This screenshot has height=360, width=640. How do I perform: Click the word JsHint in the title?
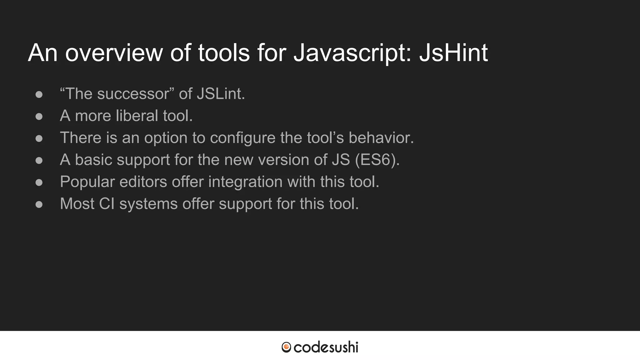tap(453, 53)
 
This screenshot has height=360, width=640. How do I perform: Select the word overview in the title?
tap(114, 53)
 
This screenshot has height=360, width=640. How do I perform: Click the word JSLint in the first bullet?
tap(221, 94)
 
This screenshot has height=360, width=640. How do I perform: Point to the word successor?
tap(133, 94)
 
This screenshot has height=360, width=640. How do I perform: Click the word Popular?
tap(87, 182)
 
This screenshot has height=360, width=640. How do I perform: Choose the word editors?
tap(143, 182)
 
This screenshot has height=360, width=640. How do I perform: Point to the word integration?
tap(245, 182)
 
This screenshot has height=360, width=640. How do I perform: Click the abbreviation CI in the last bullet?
tap(107, 204)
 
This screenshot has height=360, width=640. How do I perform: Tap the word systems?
tap(148, 204)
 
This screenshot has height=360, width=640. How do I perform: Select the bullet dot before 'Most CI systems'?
tap(39, 204)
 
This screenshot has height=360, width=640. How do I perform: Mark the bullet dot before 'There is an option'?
tap(39, 138)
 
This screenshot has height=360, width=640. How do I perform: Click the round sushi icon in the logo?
tap(286, 347)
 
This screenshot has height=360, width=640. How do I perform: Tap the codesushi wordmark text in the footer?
tap(326, 347)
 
